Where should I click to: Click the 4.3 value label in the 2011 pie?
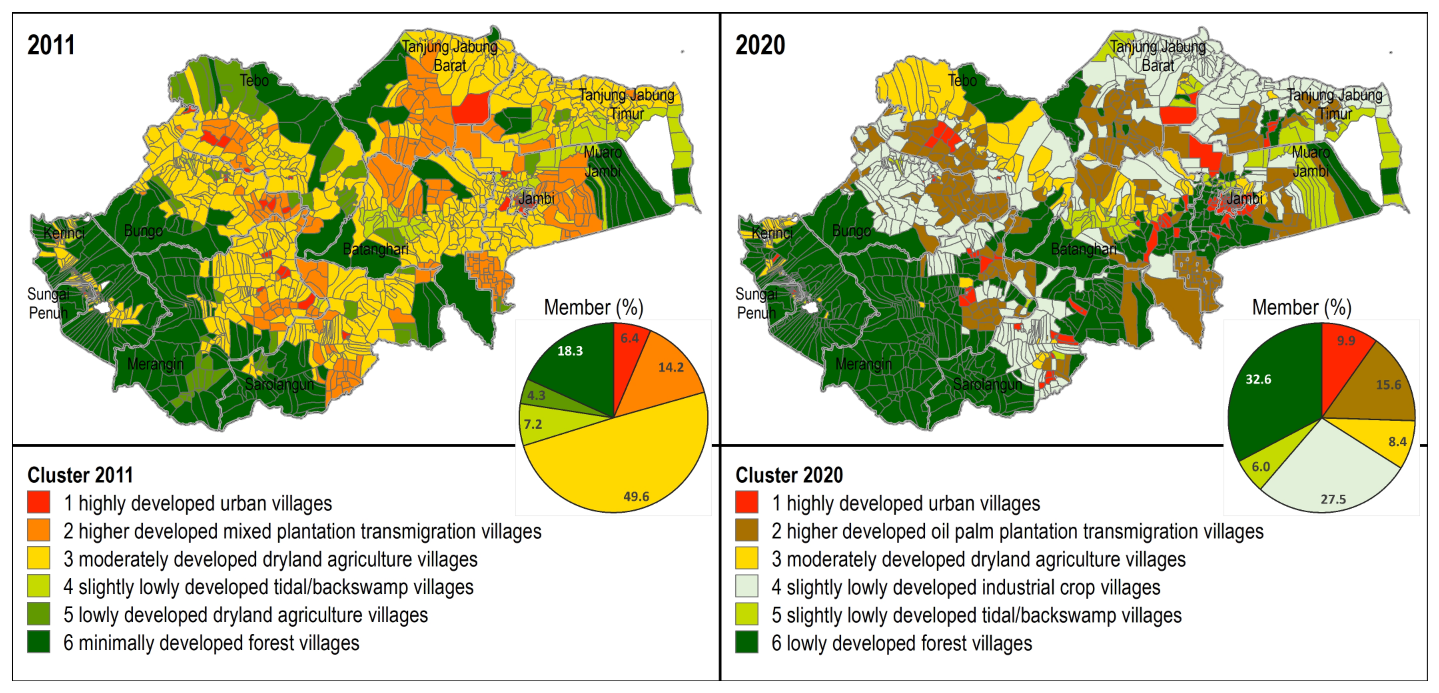pyautogui.click(x=536, y=396)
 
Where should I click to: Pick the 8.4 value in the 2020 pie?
pyautogui.click(x=1397, y=441)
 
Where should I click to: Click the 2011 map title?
pyautogui.click(x=51, y=45)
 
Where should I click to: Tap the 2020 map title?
pyautogui.click(x=760, y=45)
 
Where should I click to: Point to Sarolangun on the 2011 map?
pyautogui.click(x=279, y=384)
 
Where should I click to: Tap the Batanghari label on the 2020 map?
pyautogui.click(x=1083, y=249)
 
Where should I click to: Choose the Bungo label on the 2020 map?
pyautogui.click(x=851, y=231)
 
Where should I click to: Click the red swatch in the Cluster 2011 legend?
pyautogui.click(x=39, y=502)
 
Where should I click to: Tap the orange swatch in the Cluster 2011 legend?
pyautogui.click(x=39, y=530)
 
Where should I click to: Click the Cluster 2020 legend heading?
pyautogui.click(x=789, y=475)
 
